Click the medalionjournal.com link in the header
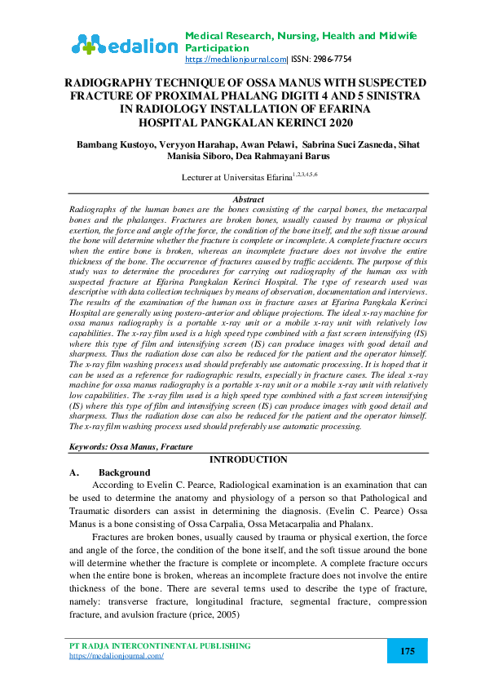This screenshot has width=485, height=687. pyautogui.click(x=236, y=60)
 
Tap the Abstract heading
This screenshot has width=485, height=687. pyautogui.click(x=248, y=199)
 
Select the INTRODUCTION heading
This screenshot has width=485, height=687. pyautogui.click(x=248, y=459)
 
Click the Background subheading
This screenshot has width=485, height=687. pyautogui.click(x=124, y=472)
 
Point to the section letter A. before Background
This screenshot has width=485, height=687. pyautogui.click(x=74, y=472)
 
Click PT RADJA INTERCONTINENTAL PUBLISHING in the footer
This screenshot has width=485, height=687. pyautogui.click(x=160, y=645)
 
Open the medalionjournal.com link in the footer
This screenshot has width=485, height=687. pyautogui.click(x=117, y=655)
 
